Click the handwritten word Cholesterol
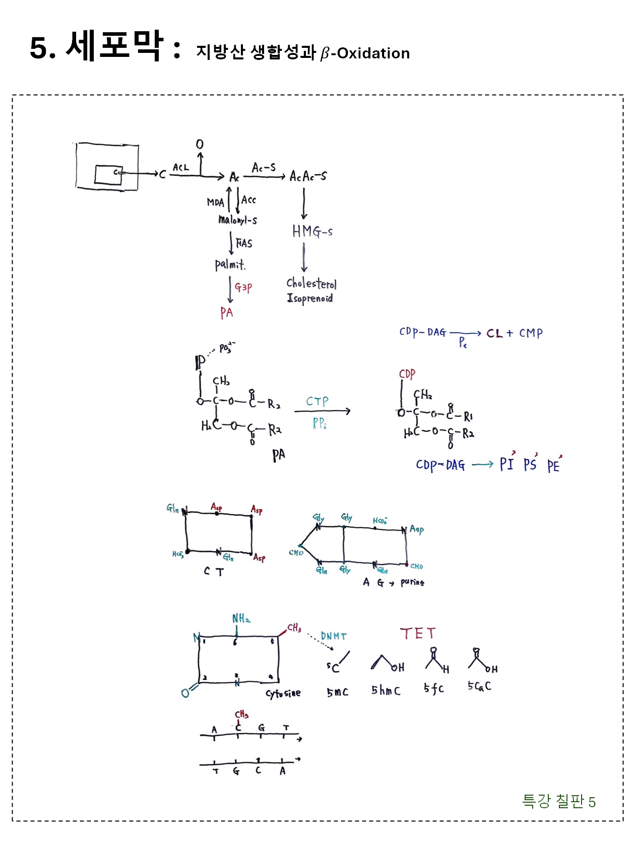coord(311,284)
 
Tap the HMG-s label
coord(312,231)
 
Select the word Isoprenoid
coord(309,298)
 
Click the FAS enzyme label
coord(244,243)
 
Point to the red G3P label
coord(243,287)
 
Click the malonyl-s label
coord(237,220)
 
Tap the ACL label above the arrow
coord(180,167)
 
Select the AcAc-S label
coord(308,176)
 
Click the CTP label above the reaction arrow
coord(317,401)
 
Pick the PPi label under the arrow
coord(320,423)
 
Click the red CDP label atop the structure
coord(407,374)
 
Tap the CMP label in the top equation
coord(531,333)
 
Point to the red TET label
coord(418,633)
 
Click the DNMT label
coord(334,637)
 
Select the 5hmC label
coord(386,690)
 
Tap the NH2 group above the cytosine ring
coord(241,618)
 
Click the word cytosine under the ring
coord(283,693)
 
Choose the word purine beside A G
coord(412,583)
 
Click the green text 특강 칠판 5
coord(558,801)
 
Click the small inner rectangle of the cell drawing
coord(108,175)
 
